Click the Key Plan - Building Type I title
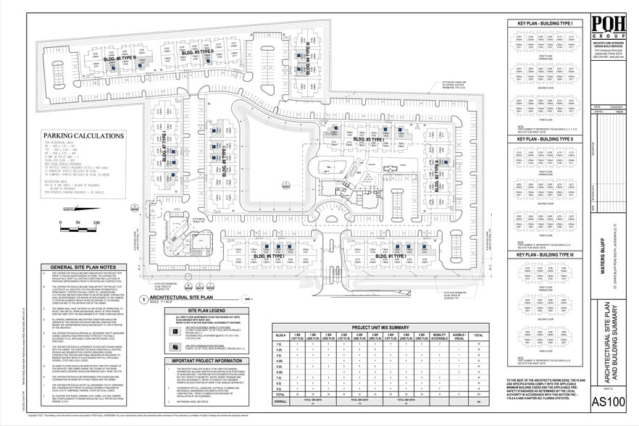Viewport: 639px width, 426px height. point(545,24)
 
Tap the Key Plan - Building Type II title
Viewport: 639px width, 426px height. point(545,138)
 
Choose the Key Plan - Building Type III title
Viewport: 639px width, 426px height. point(545,255)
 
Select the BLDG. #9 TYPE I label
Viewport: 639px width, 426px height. point(268,256)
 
